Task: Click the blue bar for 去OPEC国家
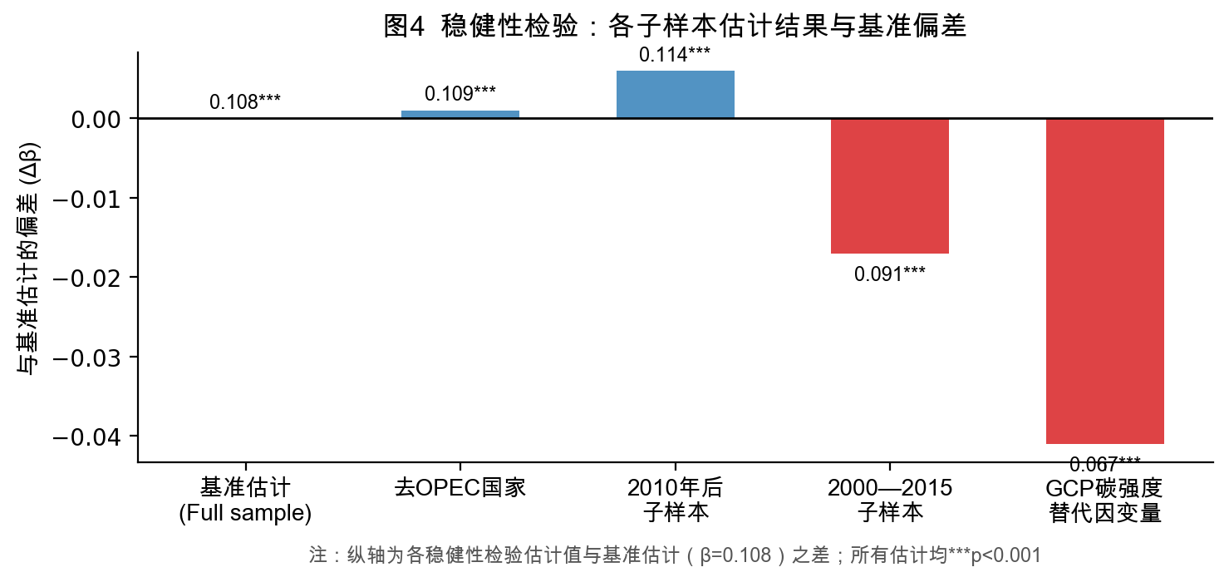click(460, 115)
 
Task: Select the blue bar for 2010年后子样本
click(675, 95)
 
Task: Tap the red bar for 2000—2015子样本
click(889, 185)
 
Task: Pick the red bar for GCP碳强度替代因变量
click(1104, 281)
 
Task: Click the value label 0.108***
click(245, 102)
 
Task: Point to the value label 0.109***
click(460, 94)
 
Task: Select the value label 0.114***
click(675, 56)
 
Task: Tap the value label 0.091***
click(889, 274)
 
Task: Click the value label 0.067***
click(1104, 463)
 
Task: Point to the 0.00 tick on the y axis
click(96, 120)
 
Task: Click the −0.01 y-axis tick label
click(86, 199)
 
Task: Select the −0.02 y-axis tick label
click(86, 278)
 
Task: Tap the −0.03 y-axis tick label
click(86, 358)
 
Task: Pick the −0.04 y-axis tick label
click(86, 436)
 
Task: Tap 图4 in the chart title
click(405, 27)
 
